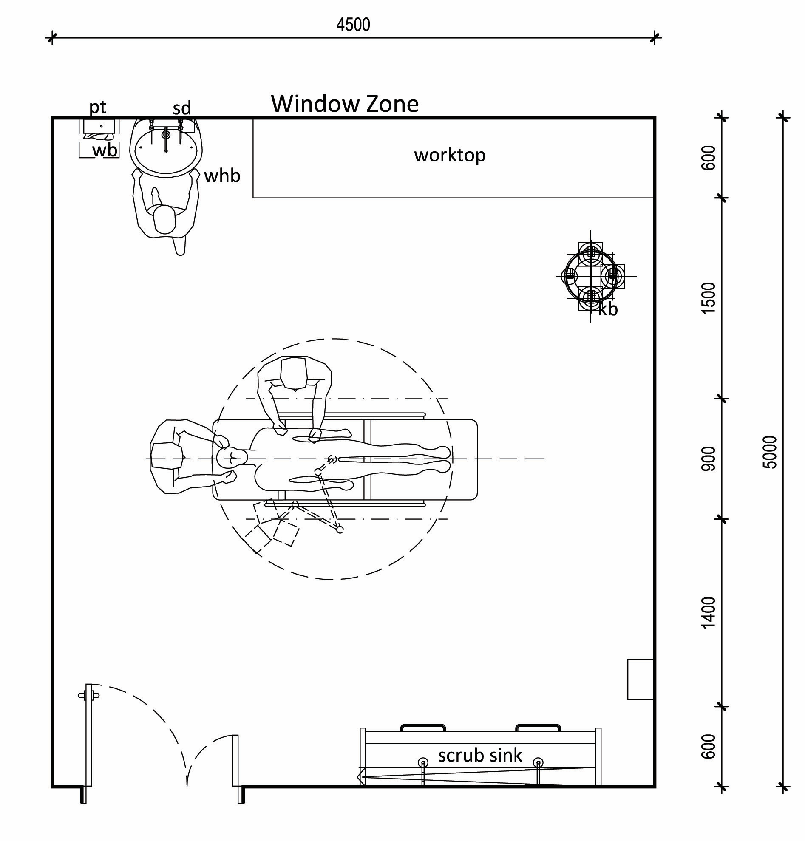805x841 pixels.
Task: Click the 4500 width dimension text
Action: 353,25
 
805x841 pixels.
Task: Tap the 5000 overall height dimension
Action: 771,452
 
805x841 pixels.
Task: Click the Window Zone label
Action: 345,104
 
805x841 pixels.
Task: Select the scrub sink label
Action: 480,755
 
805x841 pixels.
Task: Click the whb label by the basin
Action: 222,176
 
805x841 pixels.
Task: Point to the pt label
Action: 97,107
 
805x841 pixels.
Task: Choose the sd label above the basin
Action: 181,108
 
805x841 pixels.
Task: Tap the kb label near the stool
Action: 608,309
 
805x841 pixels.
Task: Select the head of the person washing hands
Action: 164,219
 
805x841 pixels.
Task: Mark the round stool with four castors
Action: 590,276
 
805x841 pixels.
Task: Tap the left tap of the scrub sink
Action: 423,762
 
